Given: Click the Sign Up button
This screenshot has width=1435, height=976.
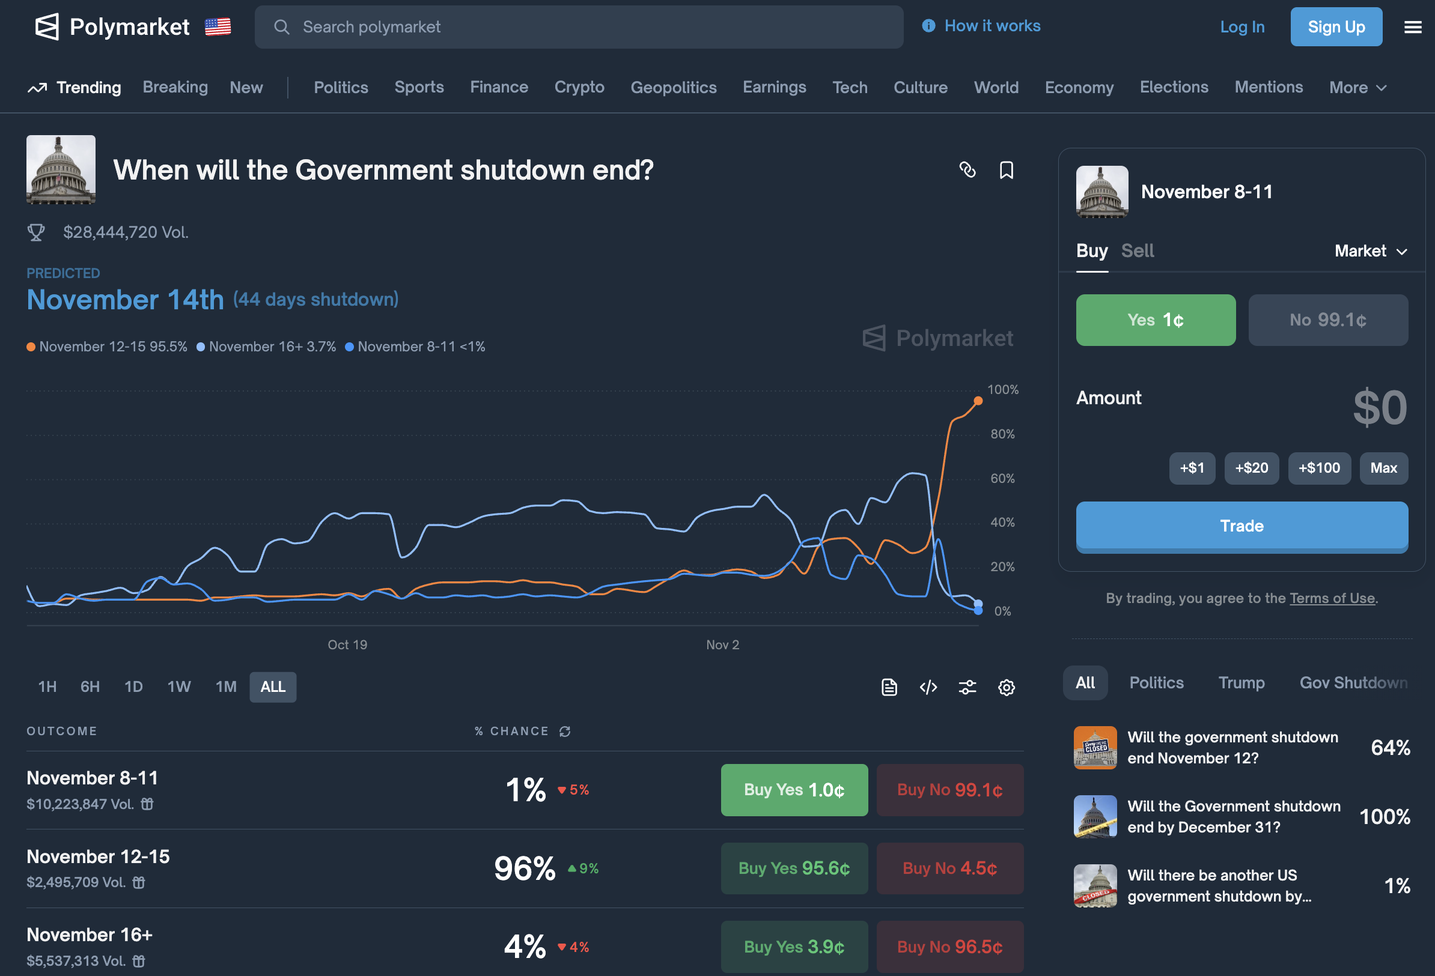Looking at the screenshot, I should pyautogui.click(x=1336, y=26).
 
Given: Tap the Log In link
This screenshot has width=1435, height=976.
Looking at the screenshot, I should pyautogui.click(x=1242, y=27).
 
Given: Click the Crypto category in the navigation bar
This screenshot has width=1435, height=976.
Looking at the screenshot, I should pyautogui.click(x=579, y=87).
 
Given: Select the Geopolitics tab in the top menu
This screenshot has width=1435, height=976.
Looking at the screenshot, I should pyautogui.click(x=673, y=87).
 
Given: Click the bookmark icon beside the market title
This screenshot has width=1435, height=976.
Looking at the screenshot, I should pyautogui.click(x=1006, y=170).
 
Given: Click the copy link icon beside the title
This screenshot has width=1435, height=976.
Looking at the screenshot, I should pyautogui.click(x=967, y=170).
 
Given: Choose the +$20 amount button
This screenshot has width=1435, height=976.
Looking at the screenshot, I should pyautogui.click(x=1251, y=468).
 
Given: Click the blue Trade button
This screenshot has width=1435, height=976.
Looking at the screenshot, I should pyautogui.click(x=1241, y=526).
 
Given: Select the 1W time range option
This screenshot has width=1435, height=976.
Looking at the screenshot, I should pyautogui.click(x=178, y=687).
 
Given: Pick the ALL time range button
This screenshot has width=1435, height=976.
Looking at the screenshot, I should pyautogui.click(x=272, y=687).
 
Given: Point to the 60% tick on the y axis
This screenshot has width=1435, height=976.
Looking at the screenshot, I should pyautogui.click(x=1002, y=479).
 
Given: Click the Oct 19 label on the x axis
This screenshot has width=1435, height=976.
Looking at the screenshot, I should pyautogui.click(x=347, y=644).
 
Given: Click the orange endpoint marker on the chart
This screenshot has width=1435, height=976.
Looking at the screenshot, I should pyautogui.click(x=978, y=401).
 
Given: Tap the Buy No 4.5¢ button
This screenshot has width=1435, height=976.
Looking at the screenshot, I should pyautogui.click(x=949, y=868).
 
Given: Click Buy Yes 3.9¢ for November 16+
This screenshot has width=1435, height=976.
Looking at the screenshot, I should pyautogui.click(x=793, y=947).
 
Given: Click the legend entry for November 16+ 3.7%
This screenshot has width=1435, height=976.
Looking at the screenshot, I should pyautogui.click(x=266, y=347).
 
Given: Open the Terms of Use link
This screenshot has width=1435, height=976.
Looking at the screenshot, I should pyautogui.click(x=1332, y=598).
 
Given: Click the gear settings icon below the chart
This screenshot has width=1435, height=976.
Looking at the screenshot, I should pyautogui.click(x=1006, y=687).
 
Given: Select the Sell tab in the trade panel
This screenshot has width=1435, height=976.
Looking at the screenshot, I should pyautogui.click(x=1137, y=250).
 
